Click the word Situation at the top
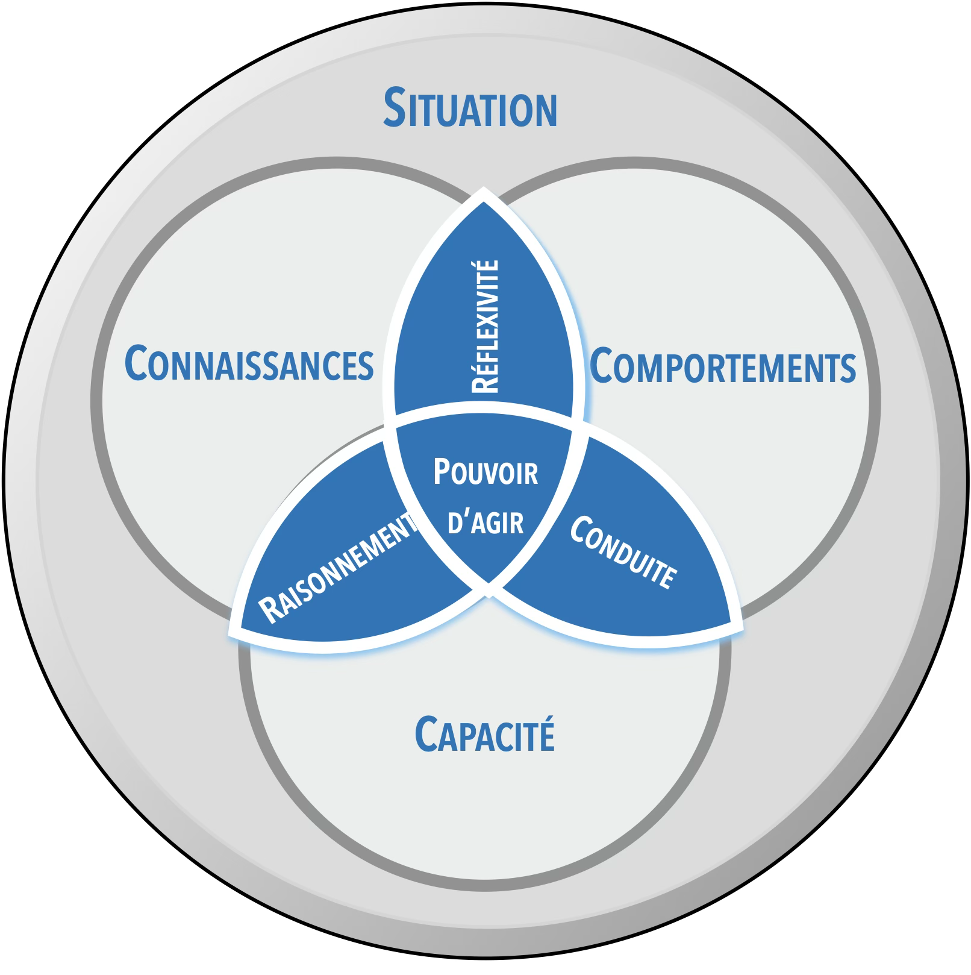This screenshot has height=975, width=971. pos(470,109)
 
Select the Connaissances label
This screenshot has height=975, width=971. pos(249,364)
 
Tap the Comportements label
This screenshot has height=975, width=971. pos(722,366)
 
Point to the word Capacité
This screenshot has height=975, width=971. pos(484,735)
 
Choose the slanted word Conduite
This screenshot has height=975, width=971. pos(623,552)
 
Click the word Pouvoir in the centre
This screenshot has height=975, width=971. pos(485,472)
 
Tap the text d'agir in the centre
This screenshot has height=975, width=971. pos(485,522)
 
